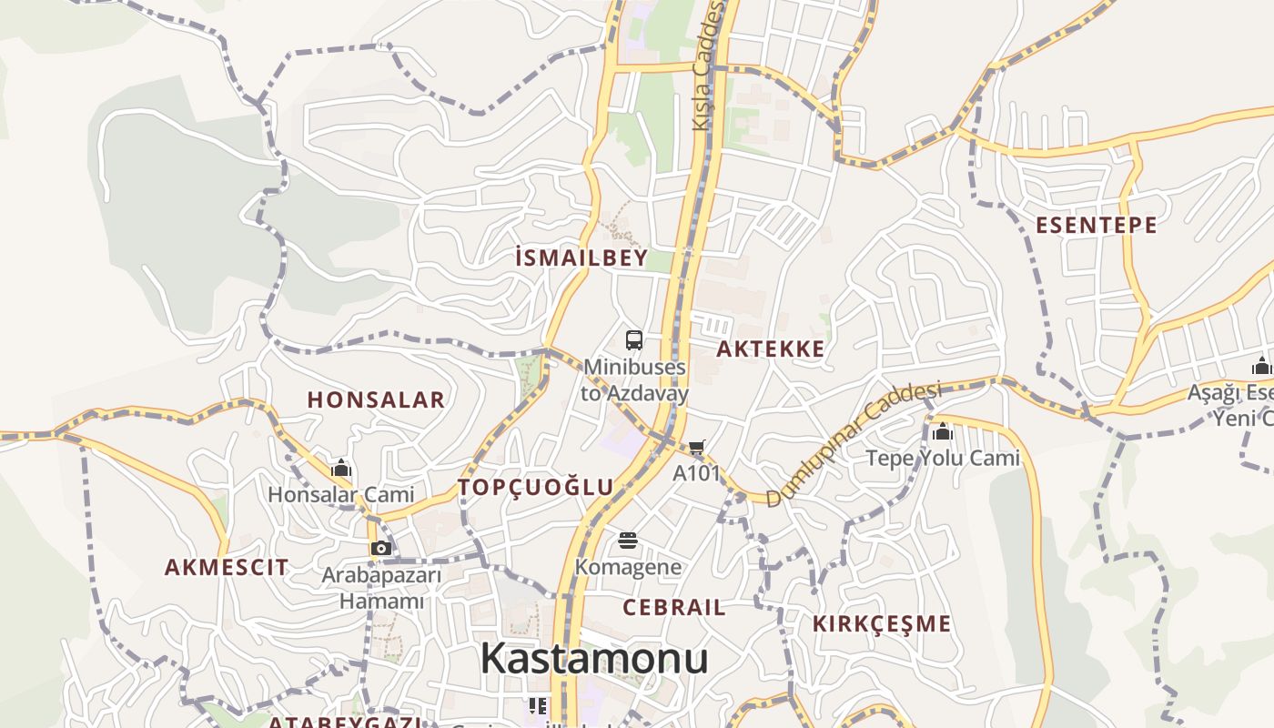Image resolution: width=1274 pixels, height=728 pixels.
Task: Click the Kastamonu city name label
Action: [594, 658]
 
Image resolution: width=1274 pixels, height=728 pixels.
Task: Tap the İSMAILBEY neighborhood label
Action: [581, 258]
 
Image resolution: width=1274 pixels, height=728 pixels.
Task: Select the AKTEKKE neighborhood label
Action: [771, 349]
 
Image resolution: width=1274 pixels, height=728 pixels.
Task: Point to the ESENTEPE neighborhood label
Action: [1097, 225]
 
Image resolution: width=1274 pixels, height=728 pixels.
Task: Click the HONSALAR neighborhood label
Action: [376, 399]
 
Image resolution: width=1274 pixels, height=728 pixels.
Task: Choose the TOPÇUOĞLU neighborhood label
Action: [536, 487]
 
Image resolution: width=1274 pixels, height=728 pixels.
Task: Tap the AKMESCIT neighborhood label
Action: [227, 567]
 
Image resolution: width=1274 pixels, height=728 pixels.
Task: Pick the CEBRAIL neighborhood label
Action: [674, 607]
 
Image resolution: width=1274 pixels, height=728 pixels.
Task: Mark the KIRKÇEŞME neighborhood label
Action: [882, 623]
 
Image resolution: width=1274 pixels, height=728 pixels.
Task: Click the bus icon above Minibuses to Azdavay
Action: [634, 340]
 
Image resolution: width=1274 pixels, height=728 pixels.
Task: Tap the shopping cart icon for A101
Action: [697, 447]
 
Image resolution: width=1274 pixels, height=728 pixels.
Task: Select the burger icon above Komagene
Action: [627, 541]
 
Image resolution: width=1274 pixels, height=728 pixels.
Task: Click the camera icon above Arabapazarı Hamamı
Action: [381, 548]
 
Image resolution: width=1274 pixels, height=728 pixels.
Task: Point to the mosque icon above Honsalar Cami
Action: [341, 469]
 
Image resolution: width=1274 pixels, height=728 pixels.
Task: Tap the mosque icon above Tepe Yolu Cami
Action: [943, 431]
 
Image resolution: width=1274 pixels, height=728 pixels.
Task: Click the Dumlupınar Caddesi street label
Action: [852, 445]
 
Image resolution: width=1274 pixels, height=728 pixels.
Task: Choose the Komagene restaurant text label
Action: [628, 568]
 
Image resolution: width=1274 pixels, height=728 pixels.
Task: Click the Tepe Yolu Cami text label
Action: [943, 458]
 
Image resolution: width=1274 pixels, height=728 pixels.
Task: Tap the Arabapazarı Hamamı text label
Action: [381, 588]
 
